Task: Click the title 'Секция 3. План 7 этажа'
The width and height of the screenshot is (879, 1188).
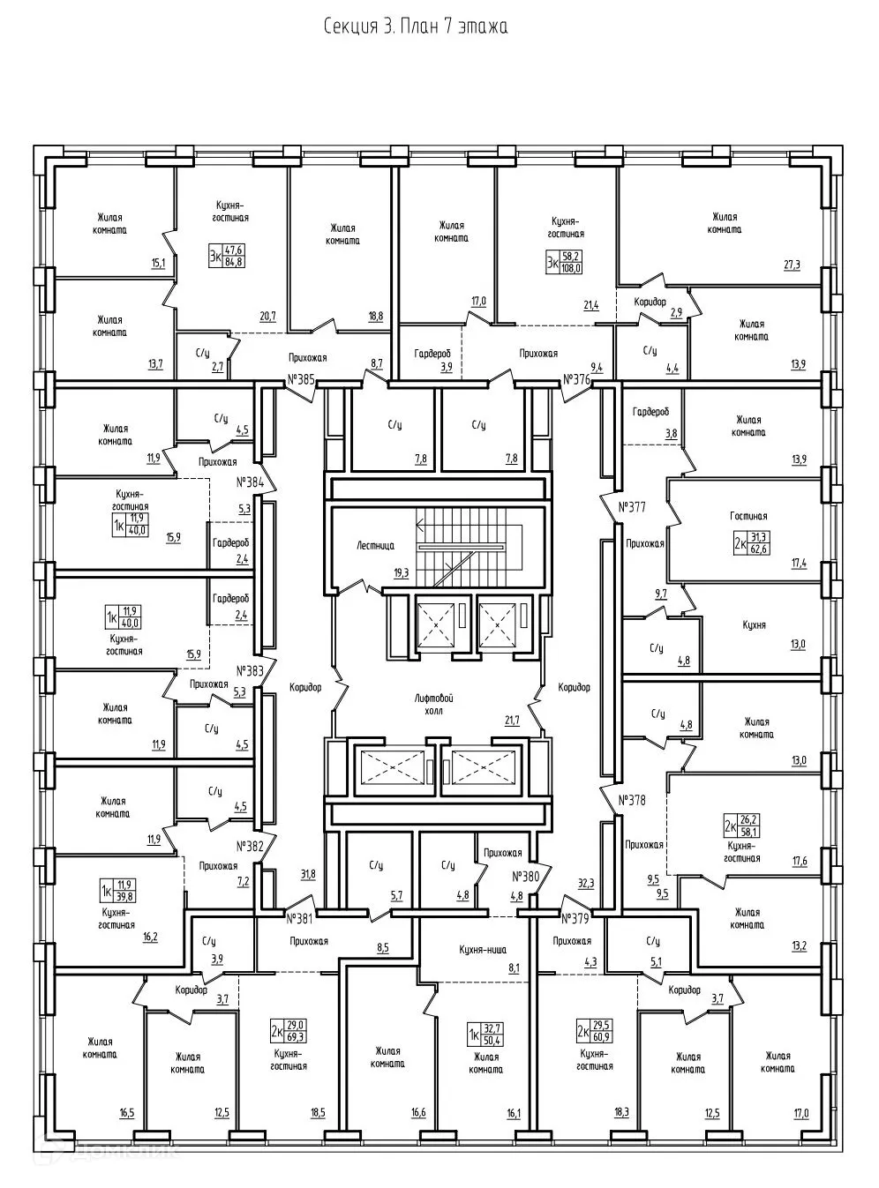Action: [x=415, y=26]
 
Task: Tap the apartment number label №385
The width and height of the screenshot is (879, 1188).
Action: [x=301, y=381]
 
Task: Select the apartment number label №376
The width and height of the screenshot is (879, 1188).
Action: [x=576, y=381]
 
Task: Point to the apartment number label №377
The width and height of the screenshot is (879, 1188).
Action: [x=632, y=507]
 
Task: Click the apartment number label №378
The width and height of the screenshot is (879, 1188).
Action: [x=632, y=801]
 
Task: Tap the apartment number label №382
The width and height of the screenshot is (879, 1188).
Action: [x=251, y=845]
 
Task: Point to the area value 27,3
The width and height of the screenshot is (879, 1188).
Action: [x=791, y=265]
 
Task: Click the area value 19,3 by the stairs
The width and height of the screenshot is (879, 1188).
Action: [x=402, y=572]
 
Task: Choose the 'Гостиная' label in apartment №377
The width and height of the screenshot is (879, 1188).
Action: [x=748, y=517]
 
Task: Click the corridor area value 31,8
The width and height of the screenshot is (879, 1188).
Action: [x=308, y=875]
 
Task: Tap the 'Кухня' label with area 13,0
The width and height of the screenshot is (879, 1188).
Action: [x=754, y=625]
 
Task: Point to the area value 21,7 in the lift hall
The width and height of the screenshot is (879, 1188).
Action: [x=512, y=721]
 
